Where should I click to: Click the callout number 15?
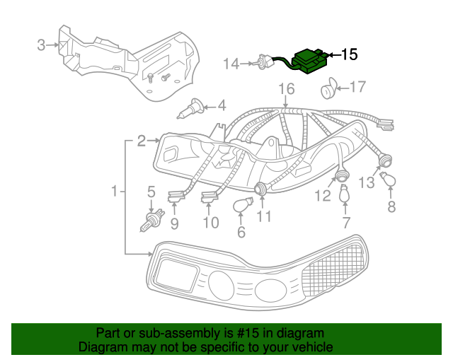[350, 54]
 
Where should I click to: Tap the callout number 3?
[41, 46]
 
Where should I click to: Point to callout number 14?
[231, 64]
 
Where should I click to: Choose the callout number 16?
[285, 89]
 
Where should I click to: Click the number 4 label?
[222, 105]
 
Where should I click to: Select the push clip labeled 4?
[191, 110]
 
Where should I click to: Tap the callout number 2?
[141, 141]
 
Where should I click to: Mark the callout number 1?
[115, 190]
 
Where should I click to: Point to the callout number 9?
[173, 224]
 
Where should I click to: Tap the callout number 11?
[264, 217]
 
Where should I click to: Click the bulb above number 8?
[389, 181]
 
